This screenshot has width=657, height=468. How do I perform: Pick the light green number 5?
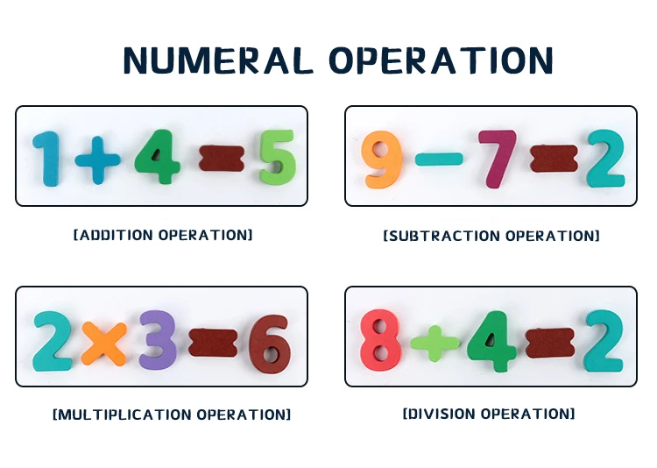278,158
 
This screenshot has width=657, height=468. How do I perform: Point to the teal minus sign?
439,160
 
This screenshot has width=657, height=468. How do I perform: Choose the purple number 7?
498,158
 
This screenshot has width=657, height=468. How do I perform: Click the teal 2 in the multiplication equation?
53,340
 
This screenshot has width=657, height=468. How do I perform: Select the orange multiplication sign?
104,342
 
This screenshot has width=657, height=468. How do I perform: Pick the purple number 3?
158,340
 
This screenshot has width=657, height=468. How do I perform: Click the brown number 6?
269,341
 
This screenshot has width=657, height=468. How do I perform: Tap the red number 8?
381,340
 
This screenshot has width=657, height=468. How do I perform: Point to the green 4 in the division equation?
491,340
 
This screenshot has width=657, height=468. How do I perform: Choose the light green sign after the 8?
434,341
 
